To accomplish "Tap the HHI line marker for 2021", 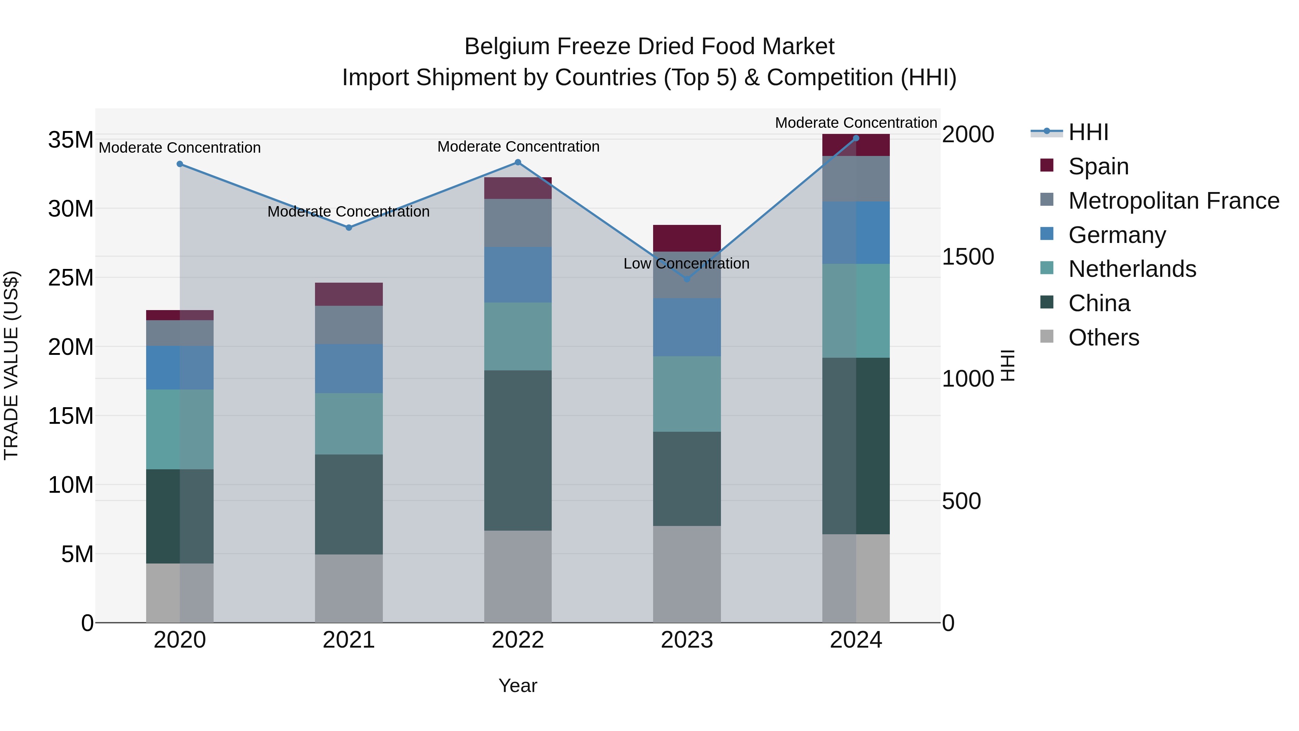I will click(349, 227).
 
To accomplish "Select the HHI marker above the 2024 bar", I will click(856, 138).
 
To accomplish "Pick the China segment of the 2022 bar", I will click(517, 450).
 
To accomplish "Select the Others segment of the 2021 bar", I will click(349, 588).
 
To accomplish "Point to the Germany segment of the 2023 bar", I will click(687, 327).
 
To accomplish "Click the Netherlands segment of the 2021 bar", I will click(349, 423).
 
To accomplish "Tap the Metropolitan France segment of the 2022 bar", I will click(517, 223).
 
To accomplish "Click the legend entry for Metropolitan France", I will click(1173, 201).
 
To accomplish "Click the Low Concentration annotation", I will click(686, 264).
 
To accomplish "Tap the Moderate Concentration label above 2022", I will click(518, 147).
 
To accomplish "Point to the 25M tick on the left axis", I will click(71, 278).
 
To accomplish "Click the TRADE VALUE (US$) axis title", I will click(12, 365).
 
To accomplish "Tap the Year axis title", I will click(517, 686).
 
